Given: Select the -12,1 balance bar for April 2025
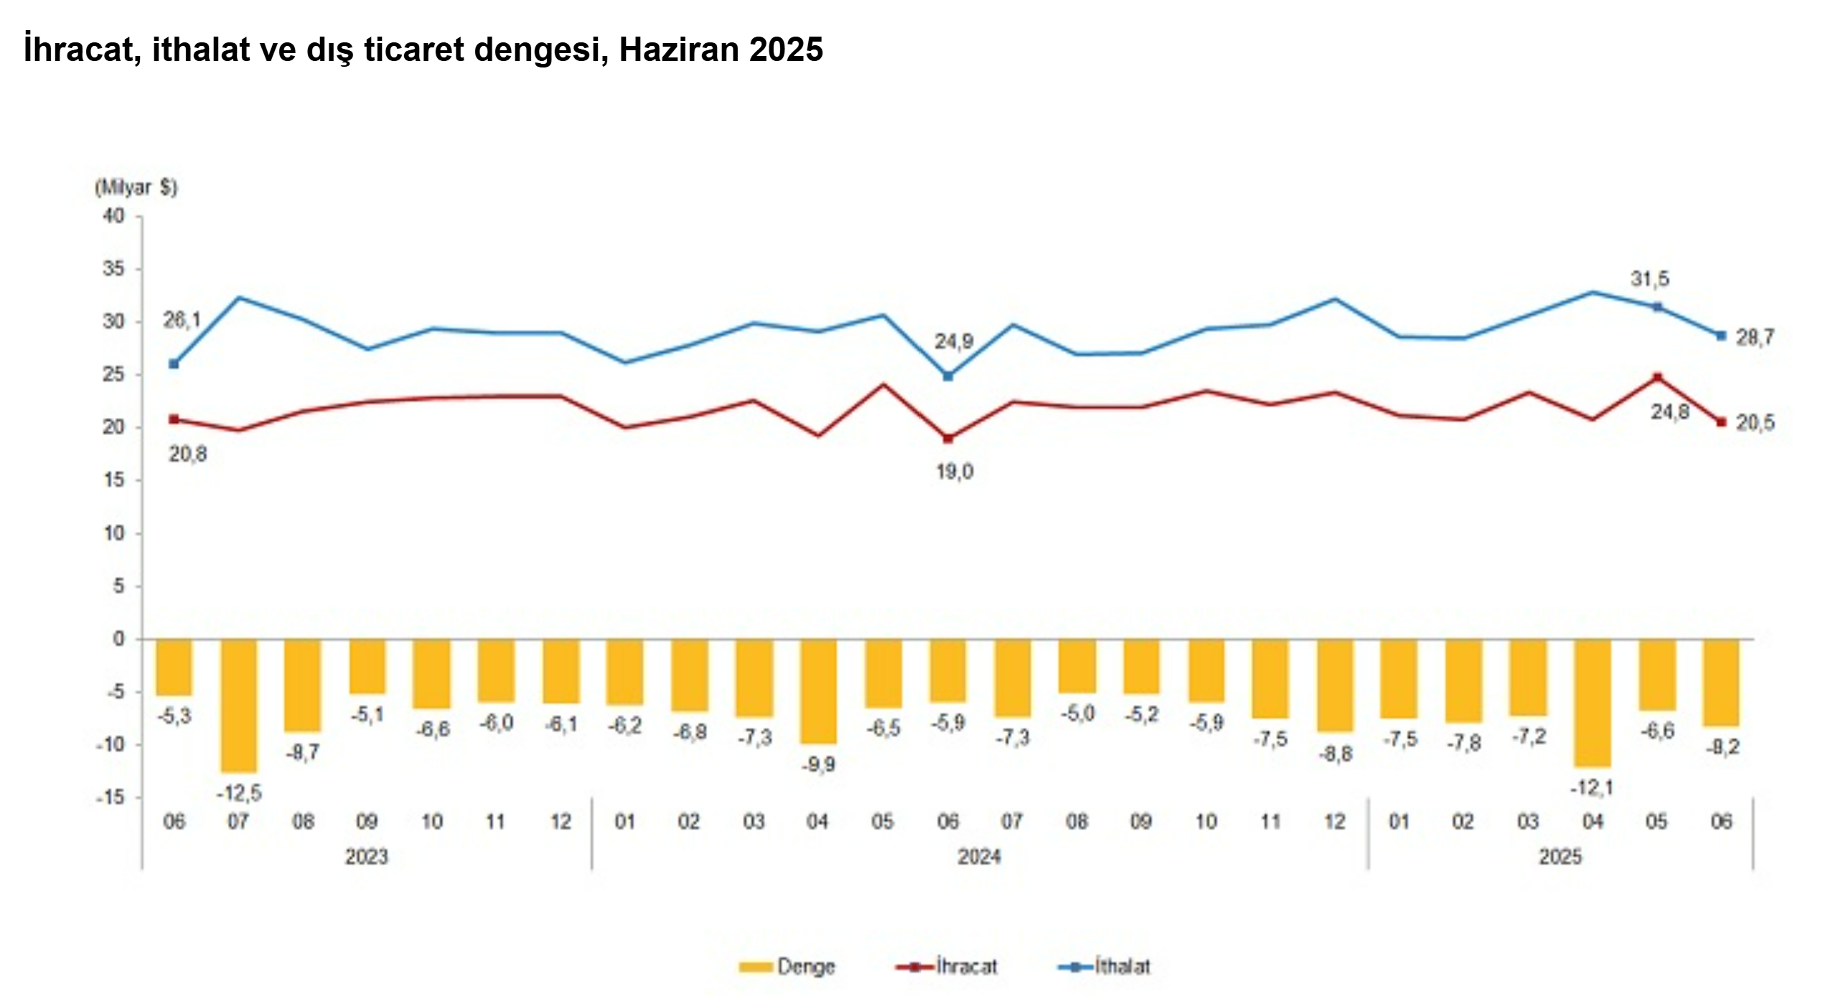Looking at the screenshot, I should click(x=1593, y=703).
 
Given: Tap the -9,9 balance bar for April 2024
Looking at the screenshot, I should click(x=818, y=691).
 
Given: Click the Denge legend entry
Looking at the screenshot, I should click(x=787, y=966).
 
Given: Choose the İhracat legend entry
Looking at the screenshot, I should click(x=947, y=966).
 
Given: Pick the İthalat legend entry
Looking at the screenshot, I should click(x=1105, y=966).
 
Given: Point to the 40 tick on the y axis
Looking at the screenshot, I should click(x=113, y=215).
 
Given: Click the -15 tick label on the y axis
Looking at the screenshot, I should click(x=111, y=798).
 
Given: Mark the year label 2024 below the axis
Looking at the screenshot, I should click(x=979, y=856).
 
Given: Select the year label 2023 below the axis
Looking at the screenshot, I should click(x=366, y=856).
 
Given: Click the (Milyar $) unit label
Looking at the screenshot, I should click(x=136, y=187).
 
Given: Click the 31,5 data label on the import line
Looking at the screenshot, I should click(x=1649, y=279).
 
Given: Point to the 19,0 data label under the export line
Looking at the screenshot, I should click(x=955, y=472).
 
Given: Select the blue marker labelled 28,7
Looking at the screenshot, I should click(x=1721, y=336).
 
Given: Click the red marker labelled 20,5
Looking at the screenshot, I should click(x=1721, y=422).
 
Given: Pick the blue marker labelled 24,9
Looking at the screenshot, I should click(x=947, y=376).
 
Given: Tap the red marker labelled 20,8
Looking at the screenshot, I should click(x=174, y=419).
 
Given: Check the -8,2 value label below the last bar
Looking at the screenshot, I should click(x=1722, y=747).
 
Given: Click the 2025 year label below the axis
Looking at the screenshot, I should click(x=1560, y=856).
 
